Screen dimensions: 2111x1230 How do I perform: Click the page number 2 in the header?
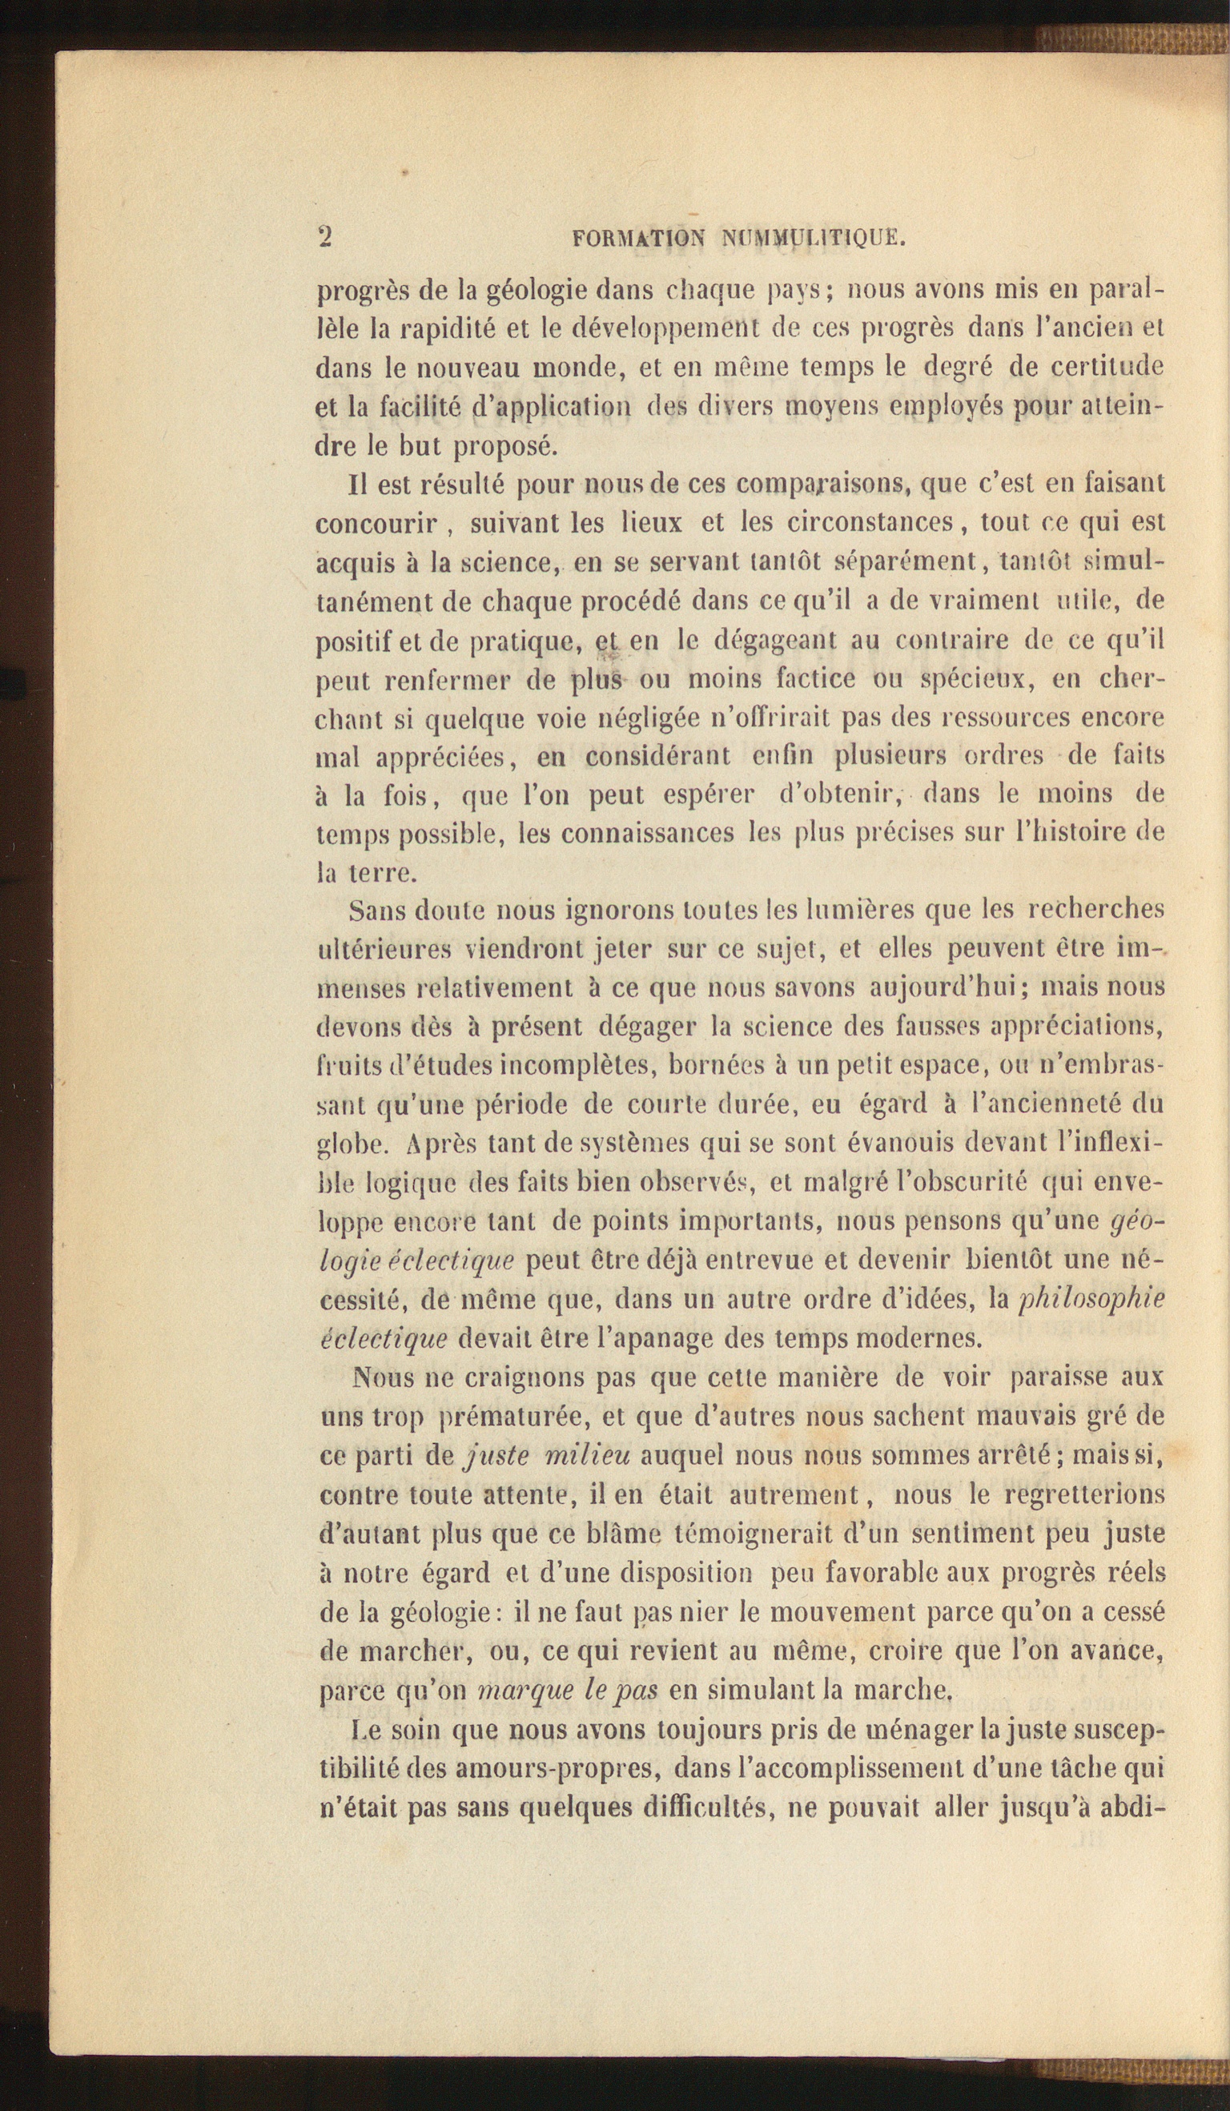pos(325,236)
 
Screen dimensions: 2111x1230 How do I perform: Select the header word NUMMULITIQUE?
pos(813,239)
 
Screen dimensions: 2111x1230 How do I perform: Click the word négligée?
pos(649,718)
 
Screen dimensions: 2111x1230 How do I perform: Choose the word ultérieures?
pos(385,949)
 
